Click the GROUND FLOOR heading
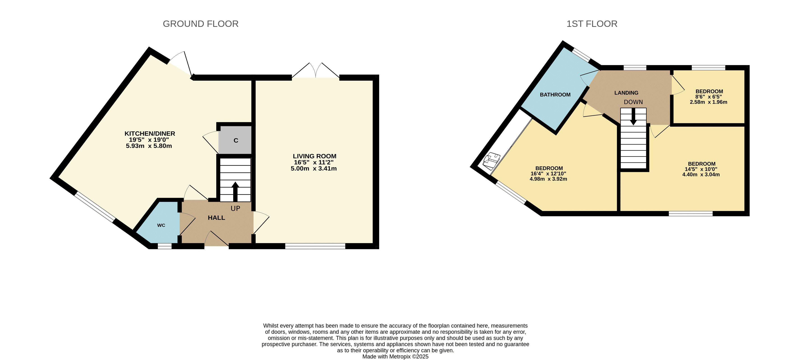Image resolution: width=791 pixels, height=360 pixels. (x=201, y=24)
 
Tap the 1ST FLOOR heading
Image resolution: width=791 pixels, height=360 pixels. (x=592, y=24)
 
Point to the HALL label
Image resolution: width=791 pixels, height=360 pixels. (x=217, y=218)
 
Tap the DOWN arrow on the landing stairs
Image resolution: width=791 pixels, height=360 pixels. (x=633, y=117)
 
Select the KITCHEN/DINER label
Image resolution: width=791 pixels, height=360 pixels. (x=150, y=134)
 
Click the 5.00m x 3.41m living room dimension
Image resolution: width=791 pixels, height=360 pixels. (x=314, y=169)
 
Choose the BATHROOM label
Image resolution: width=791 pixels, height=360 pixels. (x=555, y=95)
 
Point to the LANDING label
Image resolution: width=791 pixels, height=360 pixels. (x=626, y=93)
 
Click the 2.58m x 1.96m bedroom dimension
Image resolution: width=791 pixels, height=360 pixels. (x=709, y=102)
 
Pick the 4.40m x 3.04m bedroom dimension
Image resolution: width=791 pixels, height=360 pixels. (x=701, y=174)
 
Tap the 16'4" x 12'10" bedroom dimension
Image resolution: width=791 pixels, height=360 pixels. (x=548, y=174)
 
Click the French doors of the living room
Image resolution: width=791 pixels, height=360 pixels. (x=316, y=71)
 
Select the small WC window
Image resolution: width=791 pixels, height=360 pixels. (x=165, y=246)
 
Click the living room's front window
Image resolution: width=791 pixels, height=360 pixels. (x=315, y=246)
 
